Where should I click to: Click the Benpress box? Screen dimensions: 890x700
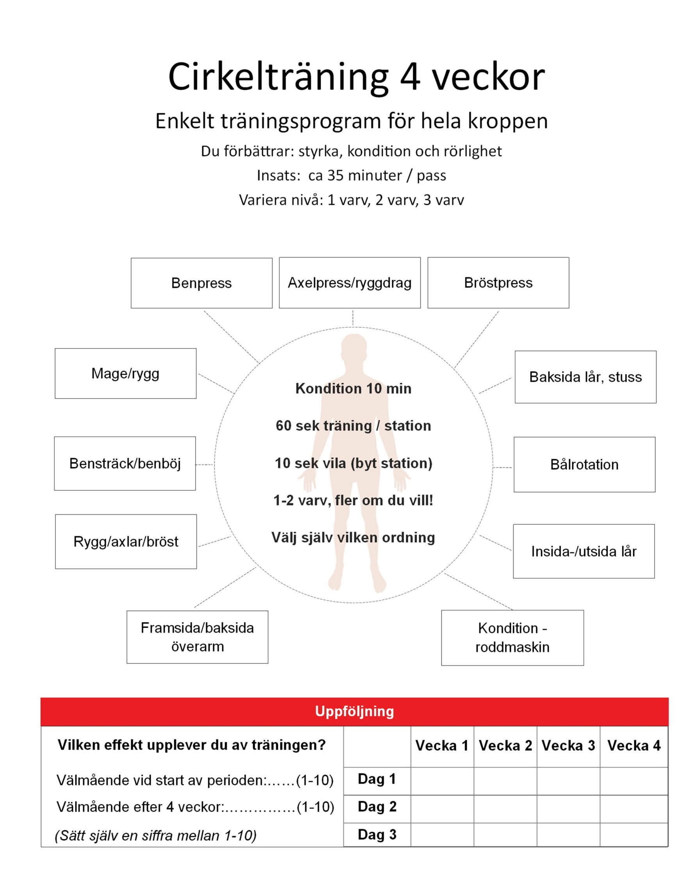click(x=201, y=283)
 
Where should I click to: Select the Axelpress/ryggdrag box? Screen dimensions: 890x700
click(x=350, y=282)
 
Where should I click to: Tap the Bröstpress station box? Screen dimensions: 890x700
click(x=498, y=282)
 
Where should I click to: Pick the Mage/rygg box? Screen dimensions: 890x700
click(x=125, y=373)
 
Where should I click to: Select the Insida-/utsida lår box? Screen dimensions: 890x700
click(x=584, y=551)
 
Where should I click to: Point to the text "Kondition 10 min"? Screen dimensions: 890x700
click(x=353, y=388)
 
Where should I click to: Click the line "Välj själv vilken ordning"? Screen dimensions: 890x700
click(x=353, y=537)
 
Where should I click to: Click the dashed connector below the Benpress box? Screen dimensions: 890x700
click(x=232, y=336)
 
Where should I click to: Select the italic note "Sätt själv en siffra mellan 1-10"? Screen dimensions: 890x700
click(x=156, y=835)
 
